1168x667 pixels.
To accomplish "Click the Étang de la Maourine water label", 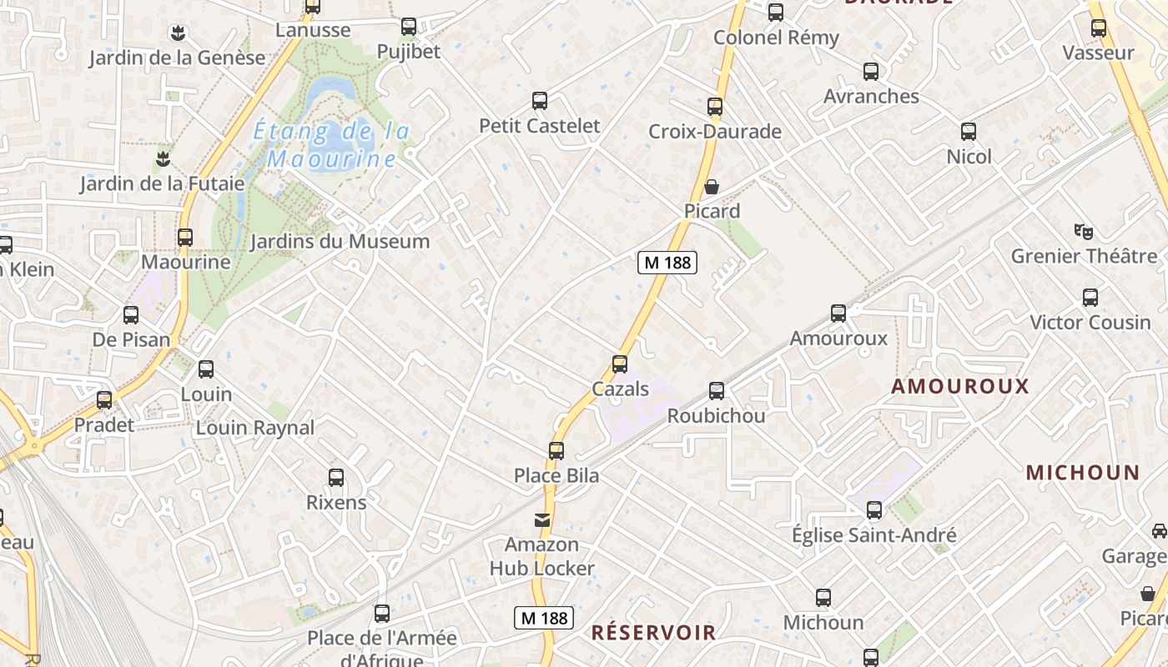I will point(331,144).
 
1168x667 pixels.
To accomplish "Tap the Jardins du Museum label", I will point(340,242).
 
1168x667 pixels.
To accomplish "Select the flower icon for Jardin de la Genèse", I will point(177,33).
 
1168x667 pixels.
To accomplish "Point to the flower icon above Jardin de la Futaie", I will point(163,158).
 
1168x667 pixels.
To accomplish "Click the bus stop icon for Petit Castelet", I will point(540,101).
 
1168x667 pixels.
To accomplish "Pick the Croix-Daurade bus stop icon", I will point(715,107).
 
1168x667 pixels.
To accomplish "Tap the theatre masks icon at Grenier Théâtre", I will point(1084,231).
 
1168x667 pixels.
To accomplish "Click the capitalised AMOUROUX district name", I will point(960,386).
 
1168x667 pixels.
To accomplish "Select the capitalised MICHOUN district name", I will point(1082,473).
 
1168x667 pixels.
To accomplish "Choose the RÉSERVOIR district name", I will point(653,632).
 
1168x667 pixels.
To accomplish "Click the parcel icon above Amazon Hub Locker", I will point(542,520).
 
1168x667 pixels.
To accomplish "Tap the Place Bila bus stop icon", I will point(556,451).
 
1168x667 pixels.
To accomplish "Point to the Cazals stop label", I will point(620,389).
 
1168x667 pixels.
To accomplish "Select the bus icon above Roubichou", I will point(717,391).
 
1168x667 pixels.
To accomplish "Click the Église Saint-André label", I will point(873,535).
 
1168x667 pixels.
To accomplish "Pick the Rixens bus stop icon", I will point(336,478).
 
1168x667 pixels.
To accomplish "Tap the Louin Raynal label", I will point(255,428).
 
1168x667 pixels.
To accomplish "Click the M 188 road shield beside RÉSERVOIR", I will point(543,618).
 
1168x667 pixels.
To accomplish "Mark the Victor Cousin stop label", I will point(1090,322).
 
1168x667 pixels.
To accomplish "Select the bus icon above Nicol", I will point(969,132).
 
